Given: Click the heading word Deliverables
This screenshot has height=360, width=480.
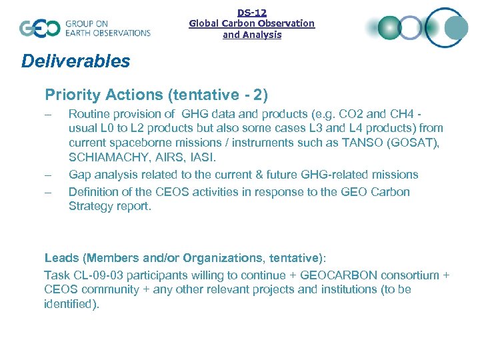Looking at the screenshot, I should (75, 61).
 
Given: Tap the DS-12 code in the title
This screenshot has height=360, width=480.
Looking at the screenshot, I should (251, 12).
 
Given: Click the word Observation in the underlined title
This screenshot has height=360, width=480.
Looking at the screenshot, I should (288, 23).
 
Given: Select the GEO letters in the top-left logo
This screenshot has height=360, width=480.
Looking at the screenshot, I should (39, 28).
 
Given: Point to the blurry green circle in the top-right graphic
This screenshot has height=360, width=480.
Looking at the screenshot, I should (389, 28).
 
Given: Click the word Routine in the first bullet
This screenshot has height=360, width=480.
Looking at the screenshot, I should (89, 113).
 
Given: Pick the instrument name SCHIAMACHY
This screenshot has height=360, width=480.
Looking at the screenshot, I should (106, 157).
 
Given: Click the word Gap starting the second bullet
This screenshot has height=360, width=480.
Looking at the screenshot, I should (79, 175).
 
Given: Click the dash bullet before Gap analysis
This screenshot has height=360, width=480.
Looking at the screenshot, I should (48, 175).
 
